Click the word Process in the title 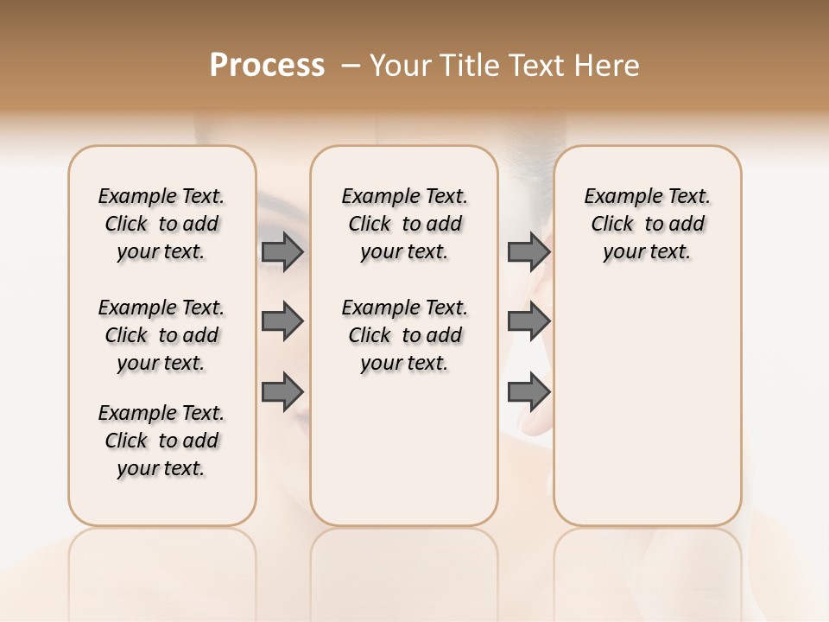267,66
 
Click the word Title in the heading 466,66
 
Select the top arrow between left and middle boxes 282,251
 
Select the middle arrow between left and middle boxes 282,321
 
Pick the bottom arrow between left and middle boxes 282,391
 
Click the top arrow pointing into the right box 528,251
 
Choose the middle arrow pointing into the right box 528,321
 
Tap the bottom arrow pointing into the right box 528,391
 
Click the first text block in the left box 161,224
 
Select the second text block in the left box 161,335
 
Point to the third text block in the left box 161,441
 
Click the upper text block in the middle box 404,224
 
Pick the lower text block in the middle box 404,335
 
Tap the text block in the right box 647,224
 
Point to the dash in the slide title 351,66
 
